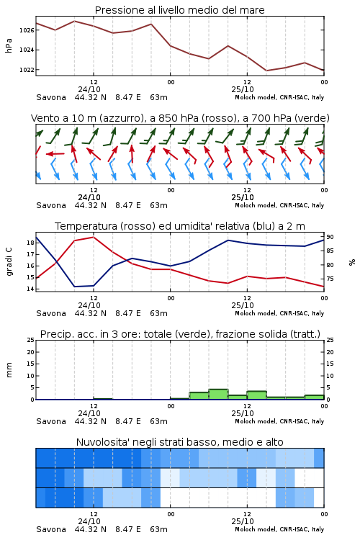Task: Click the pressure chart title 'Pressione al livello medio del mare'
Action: tap(179, 10)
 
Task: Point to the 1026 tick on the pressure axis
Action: tap(27, 30)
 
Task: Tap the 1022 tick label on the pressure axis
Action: tap(27, 70)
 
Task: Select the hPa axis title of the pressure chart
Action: tap(9, 46)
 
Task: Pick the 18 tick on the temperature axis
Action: tap(30, 243)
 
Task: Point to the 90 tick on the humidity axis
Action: tap(330, 237)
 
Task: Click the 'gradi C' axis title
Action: tap(9, 262)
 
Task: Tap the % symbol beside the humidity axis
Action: tap(352, 262)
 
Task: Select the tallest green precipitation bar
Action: tap(218, 395)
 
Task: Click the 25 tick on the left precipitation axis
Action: tap(30, 340)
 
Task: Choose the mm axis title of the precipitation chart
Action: tap(9, 370)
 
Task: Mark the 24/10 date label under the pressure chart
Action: tap(89, 89)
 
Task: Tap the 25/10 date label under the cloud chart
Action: tap(243, 521)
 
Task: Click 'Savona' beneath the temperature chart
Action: tap(51, 313)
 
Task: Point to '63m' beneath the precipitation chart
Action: tap(159, 421)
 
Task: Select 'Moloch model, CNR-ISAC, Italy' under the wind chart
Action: tap(279, 205)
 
